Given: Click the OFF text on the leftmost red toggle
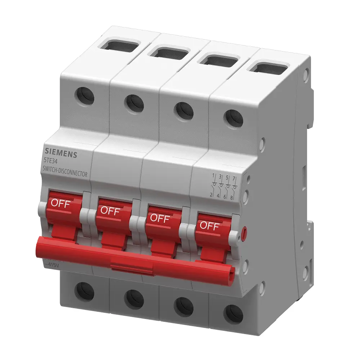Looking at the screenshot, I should (61, 203).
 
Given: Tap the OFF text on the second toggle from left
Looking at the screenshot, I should (110, 211).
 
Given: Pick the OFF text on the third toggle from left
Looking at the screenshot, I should (159, 218).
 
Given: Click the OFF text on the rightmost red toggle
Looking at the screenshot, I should (209, 226).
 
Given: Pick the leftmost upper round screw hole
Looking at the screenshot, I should (85, 95).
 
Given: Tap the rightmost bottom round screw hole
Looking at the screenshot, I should (233, 314).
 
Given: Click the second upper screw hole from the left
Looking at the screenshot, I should (134, 103).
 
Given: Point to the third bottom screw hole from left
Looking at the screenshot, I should (184, 306).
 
